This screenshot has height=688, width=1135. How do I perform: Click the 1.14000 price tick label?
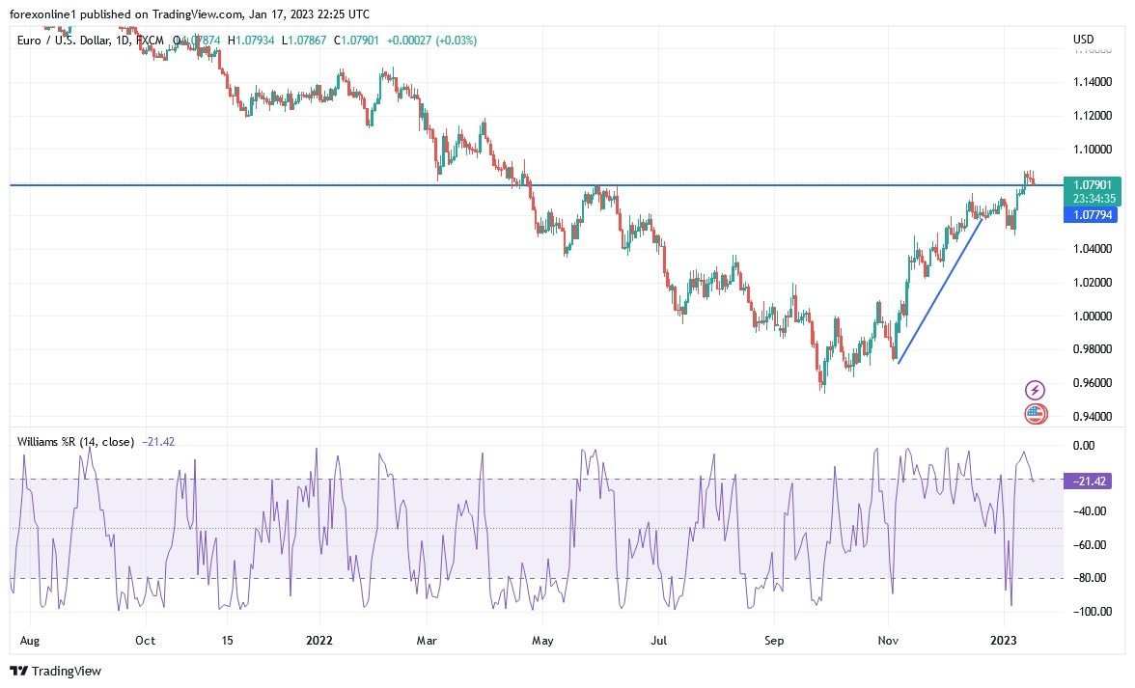[x=1091, y=82]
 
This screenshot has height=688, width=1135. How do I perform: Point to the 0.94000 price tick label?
[x=1091, y=417]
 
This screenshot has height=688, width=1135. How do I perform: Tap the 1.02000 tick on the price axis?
[x=1091, y=283]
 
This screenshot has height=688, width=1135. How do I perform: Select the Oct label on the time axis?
[x=145, y=640]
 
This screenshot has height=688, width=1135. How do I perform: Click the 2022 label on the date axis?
[x=318, y=640]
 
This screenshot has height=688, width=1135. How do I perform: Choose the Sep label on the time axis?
[x=772, y=640]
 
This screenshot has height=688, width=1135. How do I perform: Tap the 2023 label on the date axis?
[x=1005, y=640]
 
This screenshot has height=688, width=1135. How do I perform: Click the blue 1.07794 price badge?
[x=1090, y=215]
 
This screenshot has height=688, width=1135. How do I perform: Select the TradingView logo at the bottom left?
[x=55, y=671]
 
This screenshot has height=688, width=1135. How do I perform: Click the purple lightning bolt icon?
[x=1035, y=390]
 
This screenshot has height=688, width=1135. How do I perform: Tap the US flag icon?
[x=1035, y=414]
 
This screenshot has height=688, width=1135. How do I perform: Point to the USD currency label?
[x=1083, y=40]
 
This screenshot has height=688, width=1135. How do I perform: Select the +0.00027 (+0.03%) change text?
[x=431, y=41]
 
